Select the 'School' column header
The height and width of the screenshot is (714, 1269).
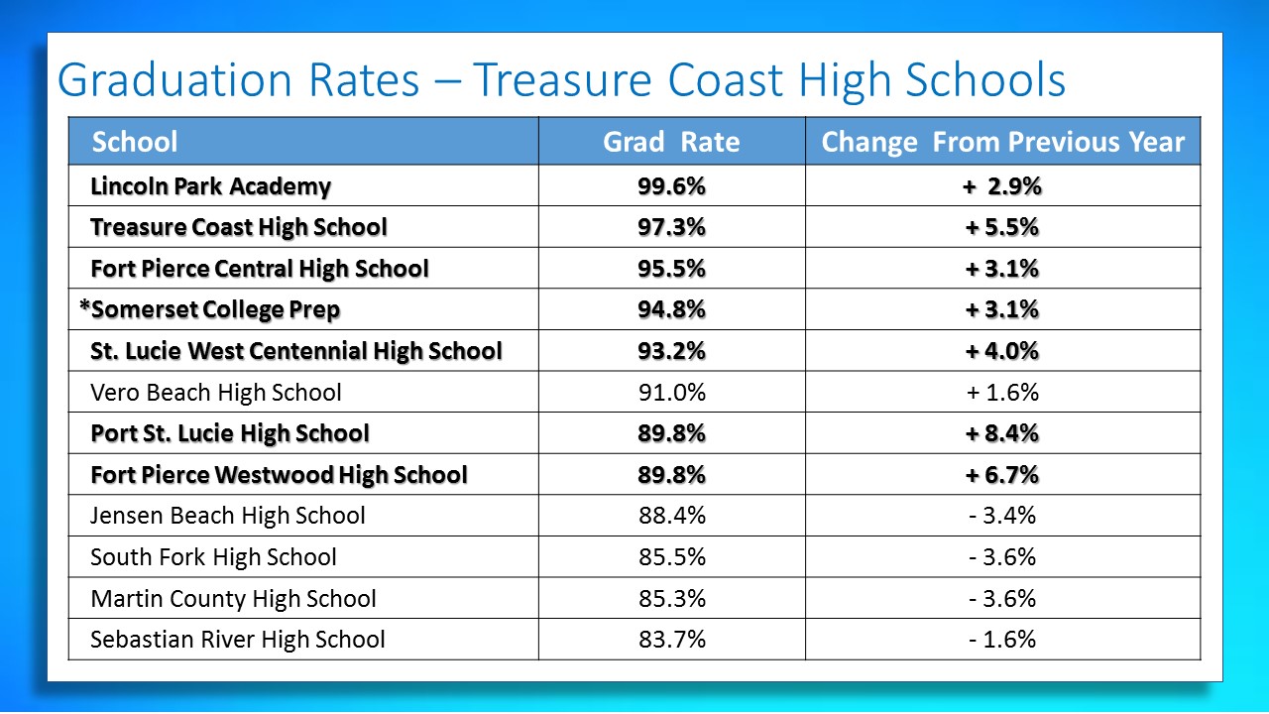(x=135, y=142)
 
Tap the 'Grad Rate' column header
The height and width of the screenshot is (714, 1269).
(x=671, y=142)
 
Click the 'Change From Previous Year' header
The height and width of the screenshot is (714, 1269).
(x=1002, y=142)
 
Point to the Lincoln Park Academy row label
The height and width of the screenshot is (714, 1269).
(x=210, y=186)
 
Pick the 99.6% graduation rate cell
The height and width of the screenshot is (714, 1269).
(x=671, y=186)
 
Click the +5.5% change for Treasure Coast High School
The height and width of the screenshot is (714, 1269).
(x=1002, y=227)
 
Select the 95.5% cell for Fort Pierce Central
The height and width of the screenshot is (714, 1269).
(x=671, y=269)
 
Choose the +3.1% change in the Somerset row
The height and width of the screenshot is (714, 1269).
(x=1002, y=309)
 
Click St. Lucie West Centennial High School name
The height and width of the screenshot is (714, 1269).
(x=295, y=351)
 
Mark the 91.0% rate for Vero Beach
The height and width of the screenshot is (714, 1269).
(x=671, y=393)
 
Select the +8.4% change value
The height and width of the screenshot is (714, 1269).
(x=1002, y=433)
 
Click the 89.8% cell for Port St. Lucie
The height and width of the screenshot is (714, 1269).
(x=671, y=433)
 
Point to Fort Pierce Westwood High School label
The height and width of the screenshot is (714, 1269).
(x=279, y=475)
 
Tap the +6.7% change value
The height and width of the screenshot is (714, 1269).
(x=1002, y=475)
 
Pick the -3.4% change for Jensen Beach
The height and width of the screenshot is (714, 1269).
(x=1002, y=516)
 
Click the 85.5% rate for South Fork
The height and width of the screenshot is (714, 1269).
(x=671, y=557)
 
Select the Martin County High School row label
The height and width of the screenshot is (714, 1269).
(x=233, y=599)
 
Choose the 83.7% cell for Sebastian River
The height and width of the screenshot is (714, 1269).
(x=671, y=640)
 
